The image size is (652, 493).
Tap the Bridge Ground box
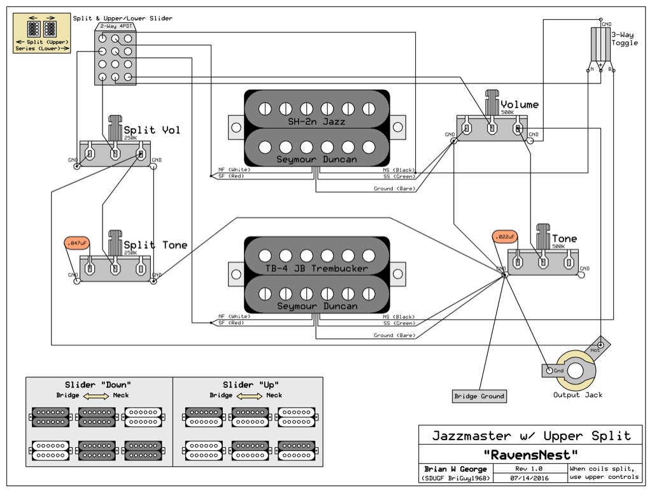click(x=479, y=396)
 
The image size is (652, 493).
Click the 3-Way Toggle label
click(x=624, y=39)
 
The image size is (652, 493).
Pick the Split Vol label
click(x=152, y=130)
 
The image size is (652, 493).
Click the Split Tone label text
click(x=155, y=245)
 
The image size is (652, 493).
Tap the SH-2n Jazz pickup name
click(x=316, y=121)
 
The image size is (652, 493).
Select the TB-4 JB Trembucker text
click(x=316, y=268)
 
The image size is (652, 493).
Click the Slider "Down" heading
click(x=98, y=385)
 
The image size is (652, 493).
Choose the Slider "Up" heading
click(x=250, y=385)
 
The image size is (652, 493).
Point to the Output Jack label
click(x=577, y=395)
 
